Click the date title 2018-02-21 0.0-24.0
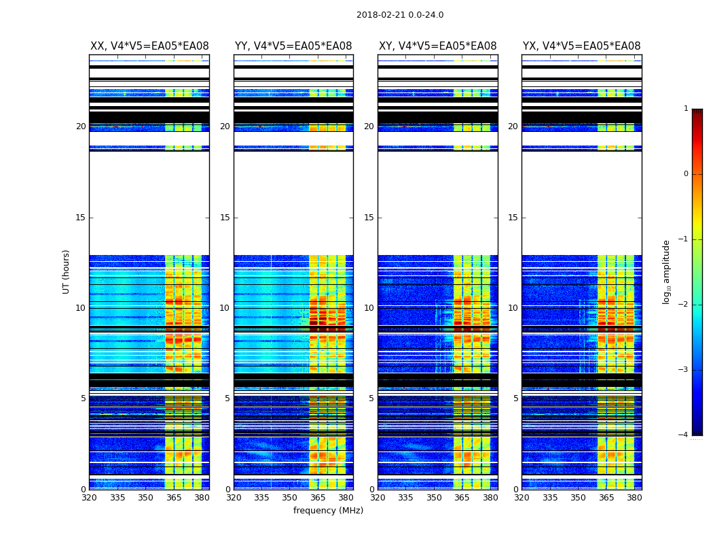tap(400, 15)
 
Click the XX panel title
tap(149, 46)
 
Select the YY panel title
tap(293, 46)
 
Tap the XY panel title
tap(438, 46)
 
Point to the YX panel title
tap(582, 46)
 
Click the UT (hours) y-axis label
tap(66, 271)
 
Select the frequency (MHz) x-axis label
tap(328, 511)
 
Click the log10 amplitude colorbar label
tap(667, 271)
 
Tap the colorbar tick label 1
tap(686, 109)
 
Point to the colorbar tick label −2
tap(684, 305)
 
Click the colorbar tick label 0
tap(686, 174)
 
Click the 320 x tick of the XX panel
tap(89, 497)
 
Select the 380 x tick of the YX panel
tap(634, 497)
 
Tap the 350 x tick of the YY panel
tap(290, 497)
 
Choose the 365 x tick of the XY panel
tap(462, 497)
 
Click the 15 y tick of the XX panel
tap(81, 218)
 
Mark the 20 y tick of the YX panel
tap(513, 126)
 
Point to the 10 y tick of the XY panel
tap(369, 308)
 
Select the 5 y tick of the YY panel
tap(227, 398)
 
